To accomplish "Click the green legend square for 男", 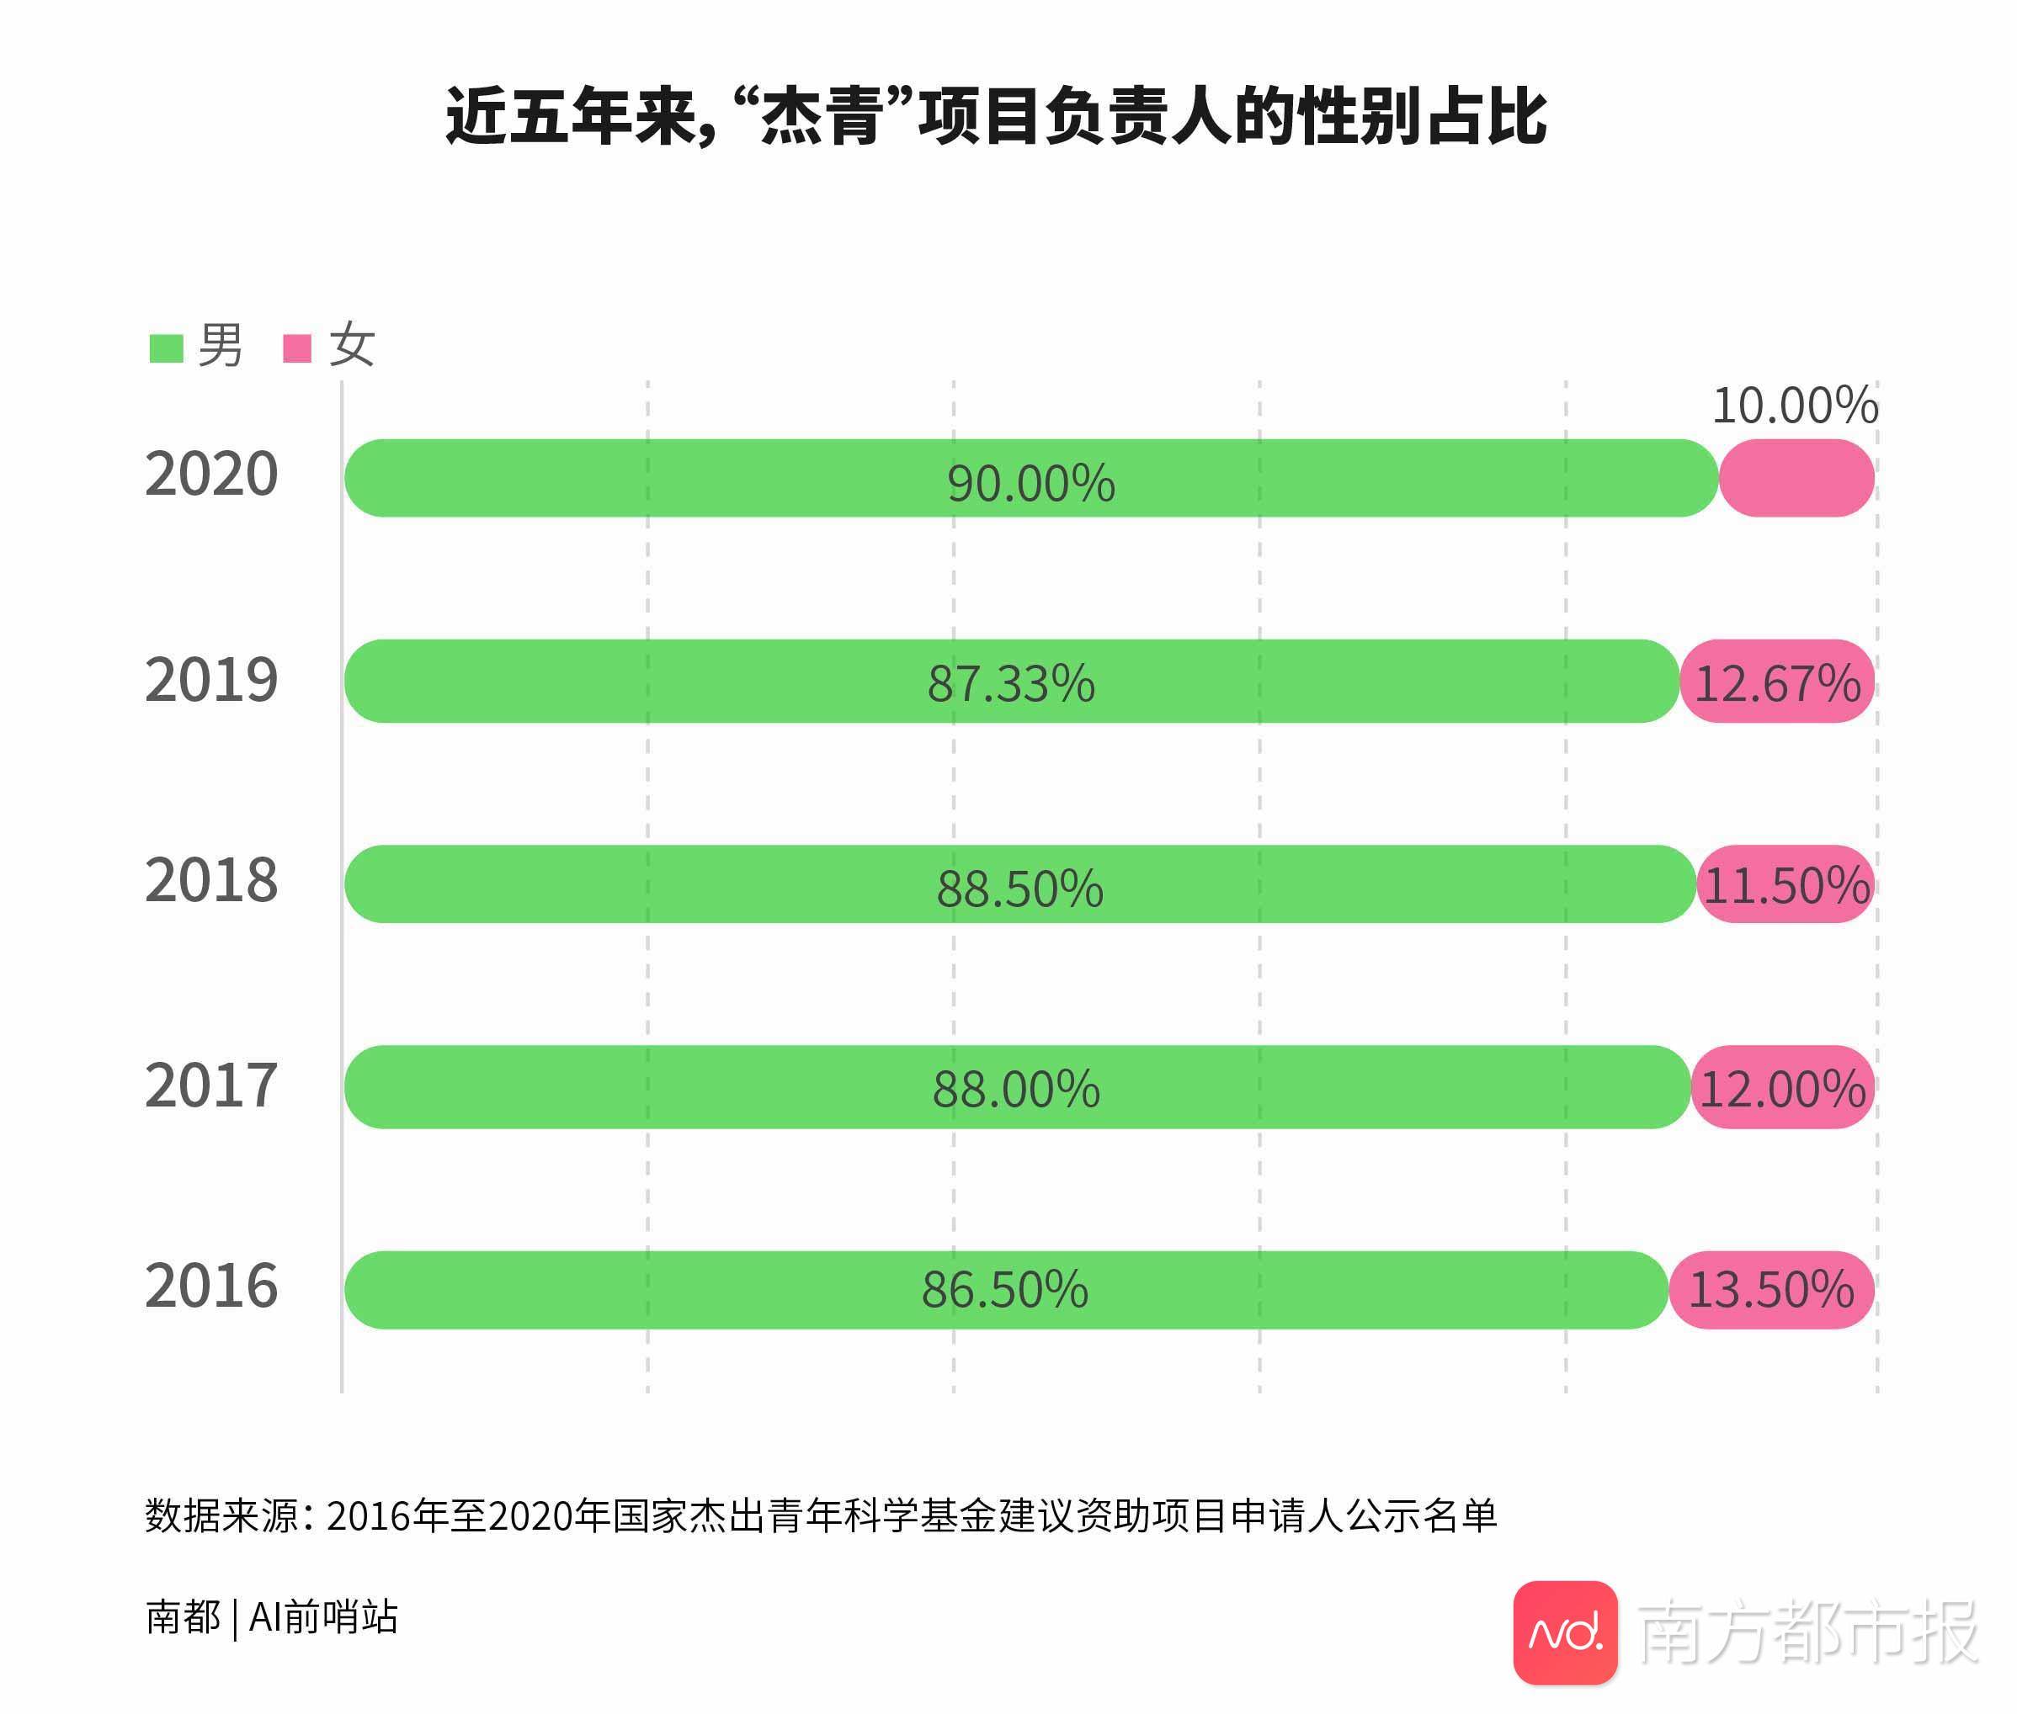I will [x=166, y=348].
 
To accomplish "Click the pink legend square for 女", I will [x=296, y=348].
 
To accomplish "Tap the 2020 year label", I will [x=211, y=475].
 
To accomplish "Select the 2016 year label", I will [x=211, y=1286].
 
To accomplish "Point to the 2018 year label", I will [x=211, y=880].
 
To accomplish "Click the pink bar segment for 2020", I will [x=1796, y=478].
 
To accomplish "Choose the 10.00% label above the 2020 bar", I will [x=1795, y=406].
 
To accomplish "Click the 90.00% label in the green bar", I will [x=1030, y=483].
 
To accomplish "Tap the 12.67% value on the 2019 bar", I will [x=1777, y=683].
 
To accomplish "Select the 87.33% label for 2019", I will [x=1011, y=683].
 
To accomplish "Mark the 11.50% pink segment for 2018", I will [x=1786, y=885].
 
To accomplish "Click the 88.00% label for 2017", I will [x=1016, y=1088].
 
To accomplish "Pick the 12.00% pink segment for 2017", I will [x=1782, y=1088].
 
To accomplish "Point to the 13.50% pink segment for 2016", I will [x=1771, y=1289].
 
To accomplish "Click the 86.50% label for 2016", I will [x=1004, y=1289].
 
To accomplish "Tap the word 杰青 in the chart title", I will [x=821, y=118].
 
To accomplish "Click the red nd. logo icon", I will [x=1565, y=1632].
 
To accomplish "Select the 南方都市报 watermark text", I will [x=1808, y=1632].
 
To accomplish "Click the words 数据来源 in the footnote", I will [x=221, y=1515].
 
